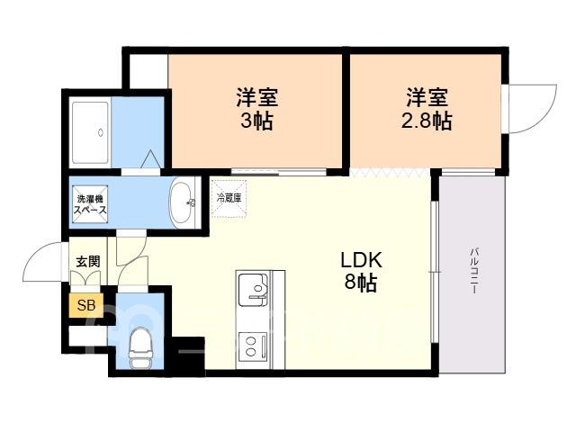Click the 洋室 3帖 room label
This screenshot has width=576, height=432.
(x=256, y=109)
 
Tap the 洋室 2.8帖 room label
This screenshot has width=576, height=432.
(x=426, y=109)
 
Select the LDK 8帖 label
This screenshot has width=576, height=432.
(x=362, y=272)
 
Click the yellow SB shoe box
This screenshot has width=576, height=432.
(x=86, y=305)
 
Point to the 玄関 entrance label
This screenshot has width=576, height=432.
(x=88, y=262)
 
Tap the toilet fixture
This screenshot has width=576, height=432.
(x=140, y=347)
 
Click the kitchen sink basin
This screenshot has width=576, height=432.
(x=253, y=290)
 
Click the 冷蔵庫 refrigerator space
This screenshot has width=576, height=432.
(x=229, y=199)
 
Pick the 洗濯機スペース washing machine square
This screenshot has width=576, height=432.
(x=90, y=204)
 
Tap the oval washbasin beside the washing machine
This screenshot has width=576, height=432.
(x=182, y=202)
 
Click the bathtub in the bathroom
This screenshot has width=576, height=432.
(x=90, y=132)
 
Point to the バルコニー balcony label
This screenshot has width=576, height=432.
(x=473, y=271)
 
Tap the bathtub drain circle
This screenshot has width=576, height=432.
(x=101, y=132)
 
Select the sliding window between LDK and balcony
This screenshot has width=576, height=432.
(x=435, y=272)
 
